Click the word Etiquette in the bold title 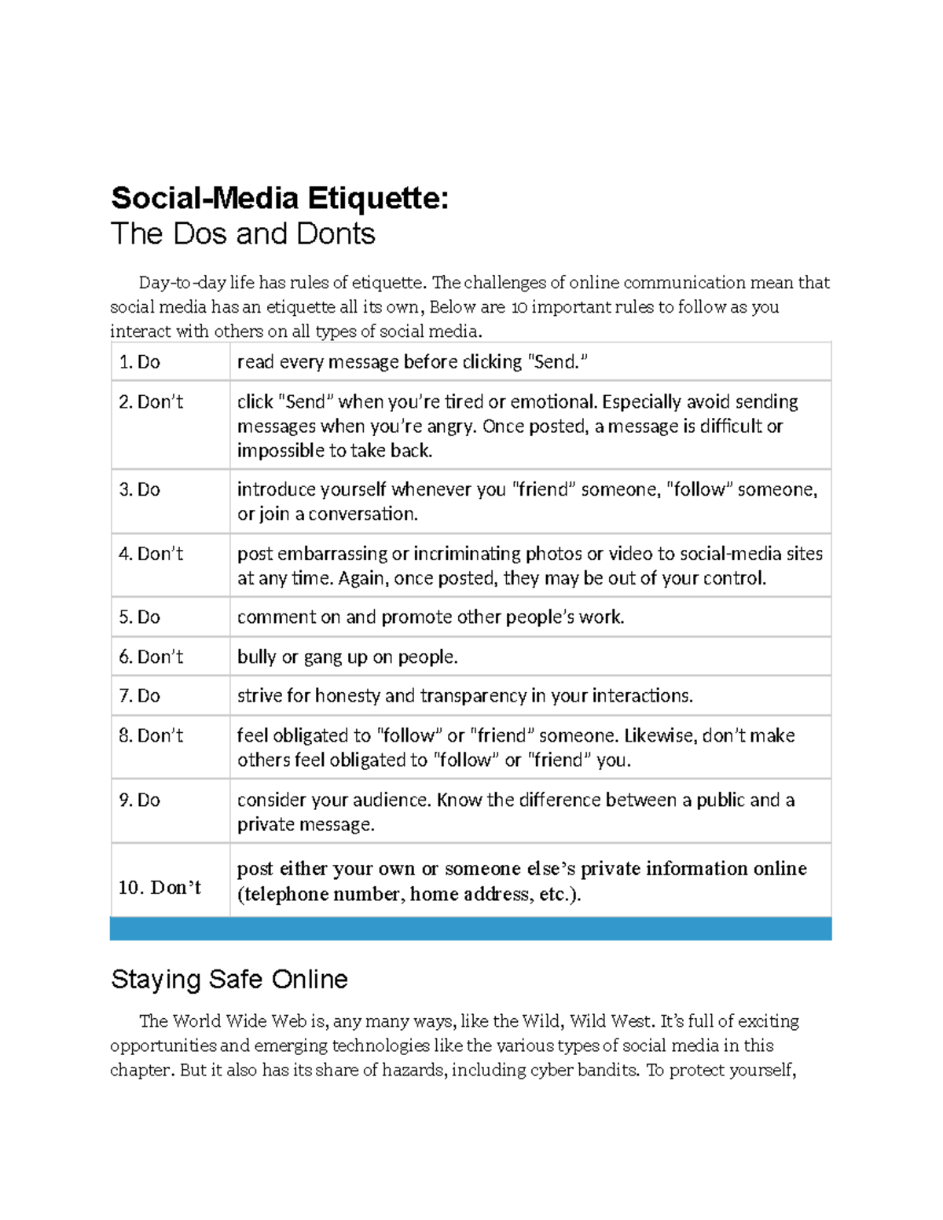pyautogui.click(x=377, y=198)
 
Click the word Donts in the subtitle pyautogui.click(x=336, y=234)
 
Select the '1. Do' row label pyautogui.click(x=139, y=362)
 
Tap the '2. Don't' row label pyautogui.click(x=151, y=402)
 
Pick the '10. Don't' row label pyautogui.click(x=160, y=888)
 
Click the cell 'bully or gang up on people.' pyautogui.click(x=347, y=657)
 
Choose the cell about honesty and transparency pyautogui.click(x=464, y=696)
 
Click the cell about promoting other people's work pyautogui.click(x=431, y=617)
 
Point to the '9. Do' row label pyautogui.click(x=139, y=800)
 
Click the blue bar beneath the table pyautogui.click(x=470, y=929)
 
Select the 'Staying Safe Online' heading pyautogui.click(x=229, y=980)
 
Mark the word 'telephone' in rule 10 pyautogui.click(x=285, y=895)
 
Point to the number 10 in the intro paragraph pyautogui.click(x=519, y=307)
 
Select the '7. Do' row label pyautogui.click(x=139, y=696)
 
